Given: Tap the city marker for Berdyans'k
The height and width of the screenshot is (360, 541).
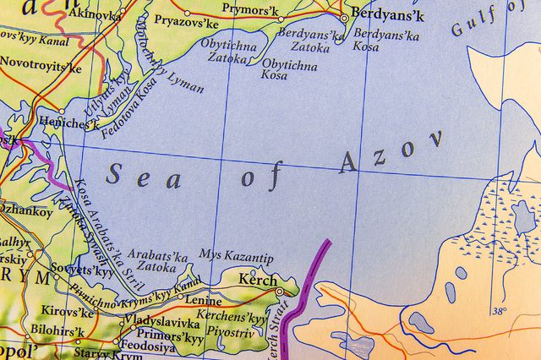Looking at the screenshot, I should [x=344, y=18].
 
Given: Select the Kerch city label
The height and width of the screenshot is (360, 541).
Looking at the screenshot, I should [x=257, y=280].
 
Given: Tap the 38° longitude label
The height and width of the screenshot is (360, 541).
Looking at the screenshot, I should [x=498, y=310].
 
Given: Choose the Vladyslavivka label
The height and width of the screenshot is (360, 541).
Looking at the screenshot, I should [x=161, y=322].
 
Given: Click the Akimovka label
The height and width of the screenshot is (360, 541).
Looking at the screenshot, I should [x=94, y=14].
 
